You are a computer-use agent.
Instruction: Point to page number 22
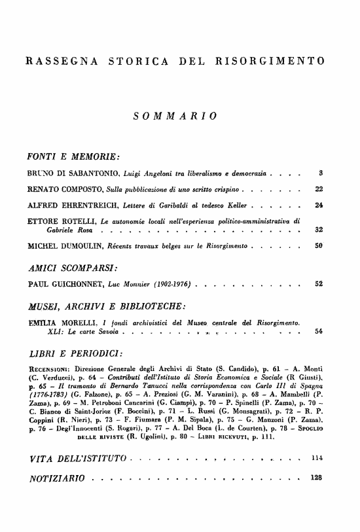point(319,190)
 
